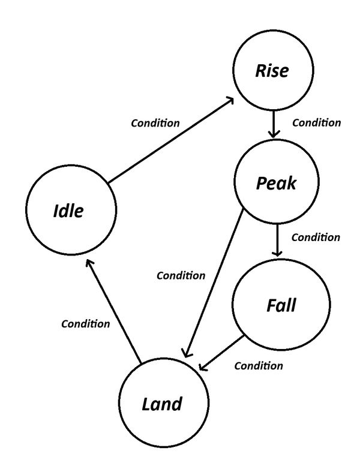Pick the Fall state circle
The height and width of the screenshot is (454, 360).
(281, 305)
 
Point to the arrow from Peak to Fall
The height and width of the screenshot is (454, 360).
(277, 240)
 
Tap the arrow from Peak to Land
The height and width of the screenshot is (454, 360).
(213, 282)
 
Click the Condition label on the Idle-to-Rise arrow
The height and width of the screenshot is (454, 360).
(155, 124)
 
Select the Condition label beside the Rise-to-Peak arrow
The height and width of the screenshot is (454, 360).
(316, 123)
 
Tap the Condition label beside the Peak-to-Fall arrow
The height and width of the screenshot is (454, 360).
(316, 237)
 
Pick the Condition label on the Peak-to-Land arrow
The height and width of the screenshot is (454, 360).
(181, 276)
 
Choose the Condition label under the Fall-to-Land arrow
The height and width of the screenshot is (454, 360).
(259, 365)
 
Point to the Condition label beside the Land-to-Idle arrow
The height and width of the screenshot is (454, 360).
(86, 324)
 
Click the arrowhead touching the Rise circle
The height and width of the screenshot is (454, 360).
(230, 101)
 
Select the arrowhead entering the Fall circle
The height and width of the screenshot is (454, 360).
(277, 253)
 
